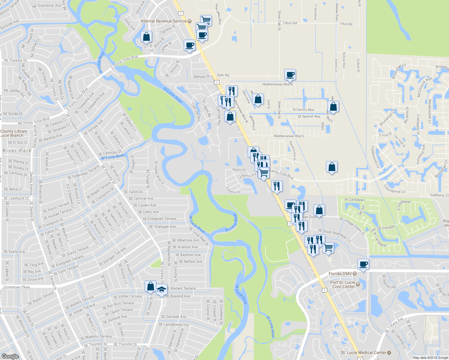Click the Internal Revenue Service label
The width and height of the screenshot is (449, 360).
click(164, 21)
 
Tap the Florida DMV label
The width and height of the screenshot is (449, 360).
click(340, 274)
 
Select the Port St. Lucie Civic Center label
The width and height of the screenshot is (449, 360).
click(342, 284)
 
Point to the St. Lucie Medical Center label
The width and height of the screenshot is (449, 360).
click(363, 352)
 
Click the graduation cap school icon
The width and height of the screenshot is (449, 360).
click(161, 290)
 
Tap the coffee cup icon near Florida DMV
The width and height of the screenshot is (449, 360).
click(363, 264)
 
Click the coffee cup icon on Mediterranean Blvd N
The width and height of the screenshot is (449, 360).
click(290, 74)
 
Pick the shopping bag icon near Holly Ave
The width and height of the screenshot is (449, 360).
click(146, 37)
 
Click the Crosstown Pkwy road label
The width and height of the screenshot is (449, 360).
click(17, 287)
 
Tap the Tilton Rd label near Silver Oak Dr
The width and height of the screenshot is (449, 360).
click(290, 23)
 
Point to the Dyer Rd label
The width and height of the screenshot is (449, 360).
click(223, 75)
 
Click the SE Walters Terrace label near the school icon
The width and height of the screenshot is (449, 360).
click(181, 289)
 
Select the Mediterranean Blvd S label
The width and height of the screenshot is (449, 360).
click(289, 136)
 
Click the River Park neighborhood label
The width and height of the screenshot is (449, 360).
click(17, 151)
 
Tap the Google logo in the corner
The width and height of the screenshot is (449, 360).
click(10, 356)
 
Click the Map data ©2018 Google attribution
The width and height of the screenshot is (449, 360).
click(430, 358)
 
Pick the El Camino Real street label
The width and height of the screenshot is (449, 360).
click(303, 110)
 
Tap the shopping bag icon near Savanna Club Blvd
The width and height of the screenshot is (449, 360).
click(332, 167)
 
